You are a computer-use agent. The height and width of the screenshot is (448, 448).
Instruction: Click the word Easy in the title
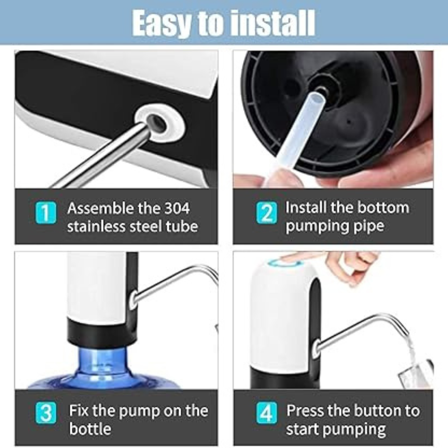click(161, 23)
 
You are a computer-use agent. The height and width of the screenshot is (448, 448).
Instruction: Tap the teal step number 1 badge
click(46, 213)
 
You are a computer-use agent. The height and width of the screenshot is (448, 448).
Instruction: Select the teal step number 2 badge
click(267, 213)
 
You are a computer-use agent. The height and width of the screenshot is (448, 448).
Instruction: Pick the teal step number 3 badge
click(46, 413)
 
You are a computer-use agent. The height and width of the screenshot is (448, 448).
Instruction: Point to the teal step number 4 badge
click(267, 413)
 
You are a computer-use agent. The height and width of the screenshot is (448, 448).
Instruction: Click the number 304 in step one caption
click(177, 208)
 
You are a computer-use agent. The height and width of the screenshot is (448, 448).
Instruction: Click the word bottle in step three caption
click(90, 429)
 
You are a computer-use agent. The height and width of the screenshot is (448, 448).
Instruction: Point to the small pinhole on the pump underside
click(348, 122)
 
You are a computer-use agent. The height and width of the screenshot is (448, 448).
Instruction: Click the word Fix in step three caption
click(79, 410)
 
